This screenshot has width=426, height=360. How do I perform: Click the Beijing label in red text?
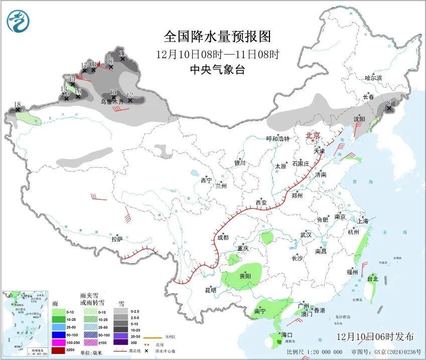point(313,135)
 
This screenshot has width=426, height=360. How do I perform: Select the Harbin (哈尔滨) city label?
point(373,78)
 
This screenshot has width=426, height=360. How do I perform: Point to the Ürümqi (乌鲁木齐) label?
point(112,101)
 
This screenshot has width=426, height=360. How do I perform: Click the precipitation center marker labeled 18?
point(18,108)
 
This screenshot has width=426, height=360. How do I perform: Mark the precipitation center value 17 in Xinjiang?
point(84,70)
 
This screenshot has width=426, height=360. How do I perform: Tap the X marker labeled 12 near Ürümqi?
point(130,100)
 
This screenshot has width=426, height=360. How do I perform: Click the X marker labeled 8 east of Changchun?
point(389,107)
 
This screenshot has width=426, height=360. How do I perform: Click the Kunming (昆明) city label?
point(210,290)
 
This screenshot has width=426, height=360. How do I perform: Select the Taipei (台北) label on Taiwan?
point(372,279)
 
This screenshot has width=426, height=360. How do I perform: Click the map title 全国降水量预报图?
point(217,37)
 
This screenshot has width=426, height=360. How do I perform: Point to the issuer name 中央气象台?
point(217,70)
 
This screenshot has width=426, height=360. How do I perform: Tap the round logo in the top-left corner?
point(18,21)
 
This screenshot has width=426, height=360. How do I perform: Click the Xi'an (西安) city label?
point(261,203)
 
